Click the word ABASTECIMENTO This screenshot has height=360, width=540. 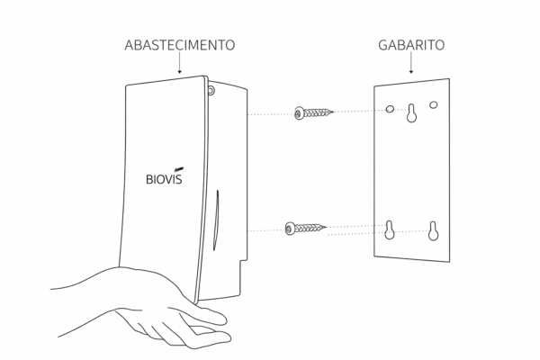[180, 45]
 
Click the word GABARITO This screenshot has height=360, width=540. [411, 45]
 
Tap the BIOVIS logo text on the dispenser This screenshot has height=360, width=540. [164, 179]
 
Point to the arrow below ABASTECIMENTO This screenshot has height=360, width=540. [179, 63]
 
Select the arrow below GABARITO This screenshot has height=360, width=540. [411, 63]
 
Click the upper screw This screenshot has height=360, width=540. [314, 112]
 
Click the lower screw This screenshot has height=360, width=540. [305, 228]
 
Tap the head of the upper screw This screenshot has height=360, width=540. [300, 113]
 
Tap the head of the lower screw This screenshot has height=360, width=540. [290, 229]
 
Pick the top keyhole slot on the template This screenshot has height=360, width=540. [411, 113]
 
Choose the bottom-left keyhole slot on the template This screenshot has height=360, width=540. [390, 229]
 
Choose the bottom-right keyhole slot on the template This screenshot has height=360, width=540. [433, 230]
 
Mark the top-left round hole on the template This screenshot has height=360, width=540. [390, 109]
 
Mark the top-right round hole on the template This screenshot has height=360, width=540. [434, 104]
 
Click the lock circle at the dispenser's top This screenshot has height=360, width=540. [211, 91]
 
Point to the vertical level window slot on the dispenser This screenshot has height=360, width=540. [216, 220]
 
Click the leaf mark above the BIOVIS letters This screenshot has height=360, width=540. [179, 169]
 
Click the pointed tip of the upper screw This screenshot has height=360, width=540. [333, 112]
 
